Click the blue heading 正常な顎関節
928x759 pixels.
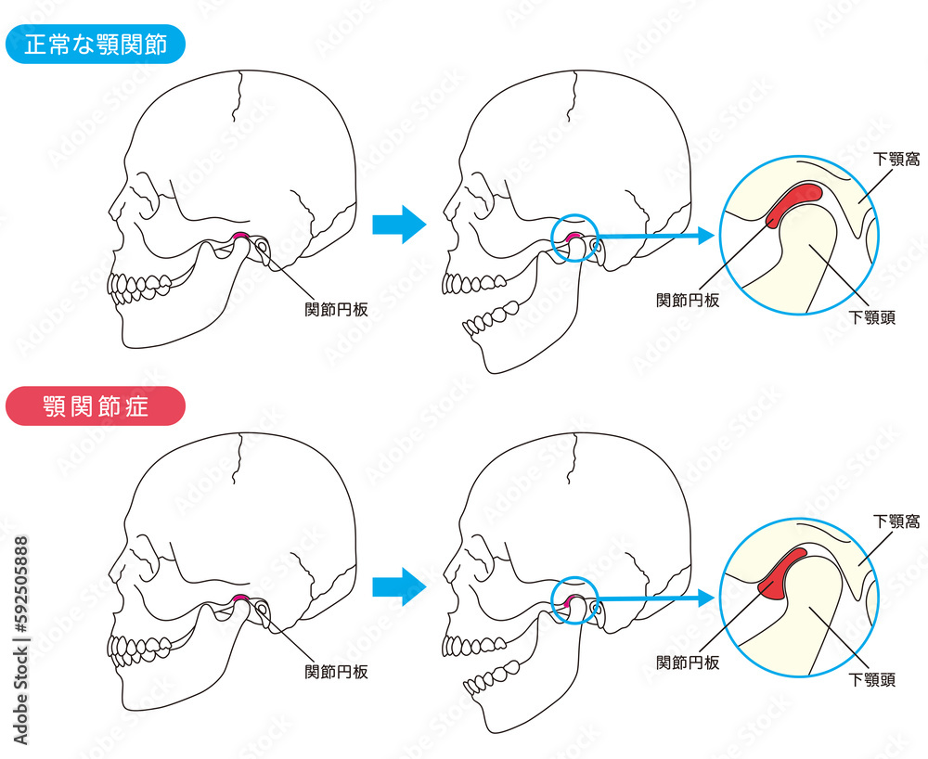tap(96, 45)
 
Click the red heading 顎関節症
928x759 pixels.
tap(96, 406)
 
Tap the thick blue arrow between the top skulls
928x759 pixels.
tap(399, 225)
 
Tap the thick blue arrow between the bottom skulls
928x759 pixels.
tap(399, 586)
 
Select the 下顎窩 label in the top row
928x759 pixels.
tap(896, 160)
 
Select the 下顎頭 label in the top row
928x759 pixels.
tap(872, 317)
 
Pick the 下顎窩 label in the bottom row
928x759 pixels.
tap(896, 521)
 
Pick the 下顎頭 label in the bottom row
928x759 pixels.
tap(872, 680)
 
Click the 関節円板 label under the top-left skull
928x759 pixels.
tap(336, 309)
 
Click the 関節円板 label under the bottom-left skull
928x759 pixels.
tap(336, 672)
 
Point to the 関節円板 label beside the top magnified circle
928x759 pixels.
tap(688, 300)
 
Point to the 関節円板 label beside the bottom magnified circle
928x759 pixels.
tap(688, 663)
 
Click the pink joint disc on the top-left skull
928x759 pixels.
tap(239, 236)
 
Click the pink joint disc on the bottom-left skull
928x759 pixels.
tap(239, 598)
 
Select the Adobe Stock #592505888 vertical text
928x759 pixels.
tap(20, 640)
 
